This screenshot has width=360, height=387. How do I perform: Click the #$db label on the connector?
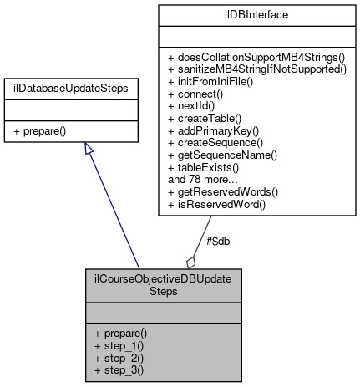tap(217, 241)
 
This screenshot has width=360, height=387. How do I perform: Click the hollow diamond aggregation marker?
tap(191, 261)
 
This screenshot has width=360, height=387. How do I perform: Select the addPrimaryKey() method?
tap(213, 130)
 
